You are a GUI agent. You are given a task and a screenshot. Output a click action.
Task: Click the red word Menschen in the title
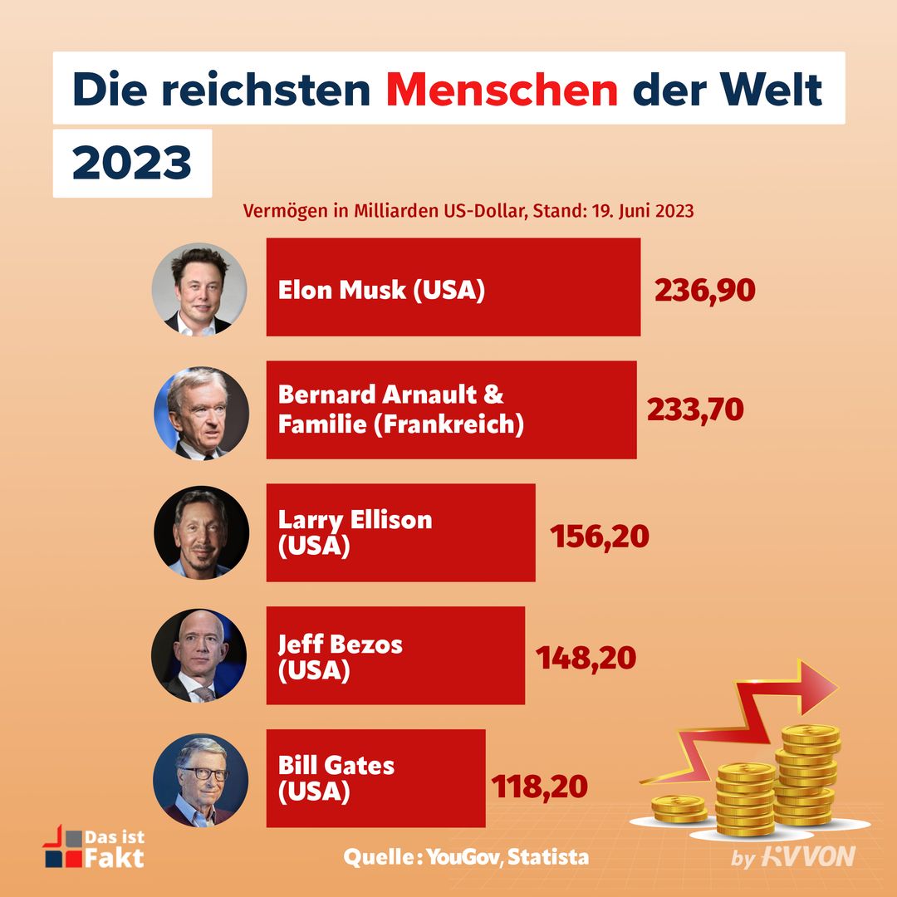tap(502, 90)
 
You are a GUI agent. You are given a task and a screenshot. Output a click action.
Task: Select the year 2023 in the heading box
tap(132, 164)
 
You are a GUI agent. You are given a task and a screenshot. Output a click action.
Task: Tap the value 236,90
tap(704, 290)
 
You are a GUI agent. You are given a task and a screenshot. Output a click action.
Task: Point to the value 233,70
tap(694, 409)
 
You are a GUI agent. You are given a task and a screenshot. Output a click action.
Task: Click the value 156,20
tap(599, 536)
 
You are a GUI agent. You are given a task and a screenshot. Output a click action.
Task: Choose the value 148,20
tap(586, 658)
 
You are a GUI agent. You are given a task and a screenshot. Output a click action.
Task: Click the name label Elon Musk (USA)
tap(381, 290)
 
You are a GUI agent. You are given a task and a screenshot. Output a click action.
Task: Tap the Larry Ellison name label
tap(355, 532)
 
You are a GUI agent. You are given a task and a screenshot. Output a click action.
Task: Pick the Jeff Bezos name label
tap(340, 656)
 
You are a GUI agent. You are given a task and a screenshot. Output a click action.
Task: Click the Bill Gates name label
tap(336, 777)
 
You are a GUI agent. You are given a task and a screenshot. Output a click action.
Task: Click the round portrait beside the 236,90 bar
tap(199, 289)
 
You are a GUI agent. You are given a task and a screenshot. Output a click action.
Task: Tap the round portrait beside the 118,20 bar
tap(200, 780)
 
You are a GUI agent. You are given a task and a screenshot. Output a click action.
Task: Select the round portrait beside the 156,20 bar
tap(200, 533)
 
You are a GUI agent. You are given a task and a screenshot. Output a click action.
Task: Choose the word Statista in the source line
tap(548, 856)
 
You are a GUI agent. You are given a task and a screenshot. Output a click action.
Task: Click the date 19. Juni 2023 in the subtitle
tap(642, 211)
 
